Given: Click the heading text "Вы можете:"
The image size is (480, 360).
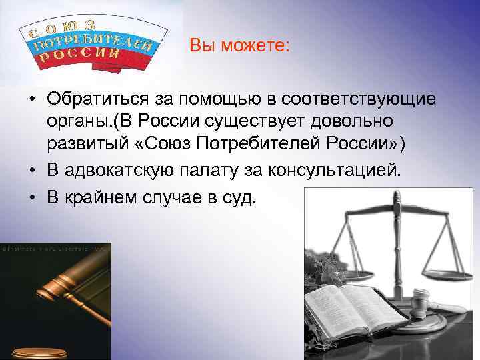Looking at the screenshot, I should pyautogui.click(x=239, y=46).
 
